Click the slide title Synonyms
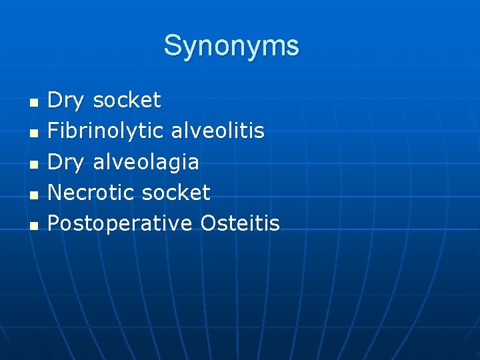(x=231, y=45)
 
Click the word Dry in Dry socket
(x=66, y=101)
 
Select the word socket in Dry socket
(x=127, y=101)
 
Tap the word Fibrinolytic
(x=105, y=131)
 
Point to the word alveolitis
(x=217, y=131)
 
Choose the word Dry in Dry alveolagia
(x=66, y=162)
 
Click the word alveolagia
(x=146, y=162)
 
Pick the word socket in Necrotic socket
(x=176, y=193)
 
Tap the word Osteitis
(x=239, y=223)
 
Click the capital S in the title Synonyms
(x=173, y=45)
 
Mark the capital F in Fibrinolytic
(x=53, y=131)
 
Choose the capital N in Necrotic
(x=55, y=193)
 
